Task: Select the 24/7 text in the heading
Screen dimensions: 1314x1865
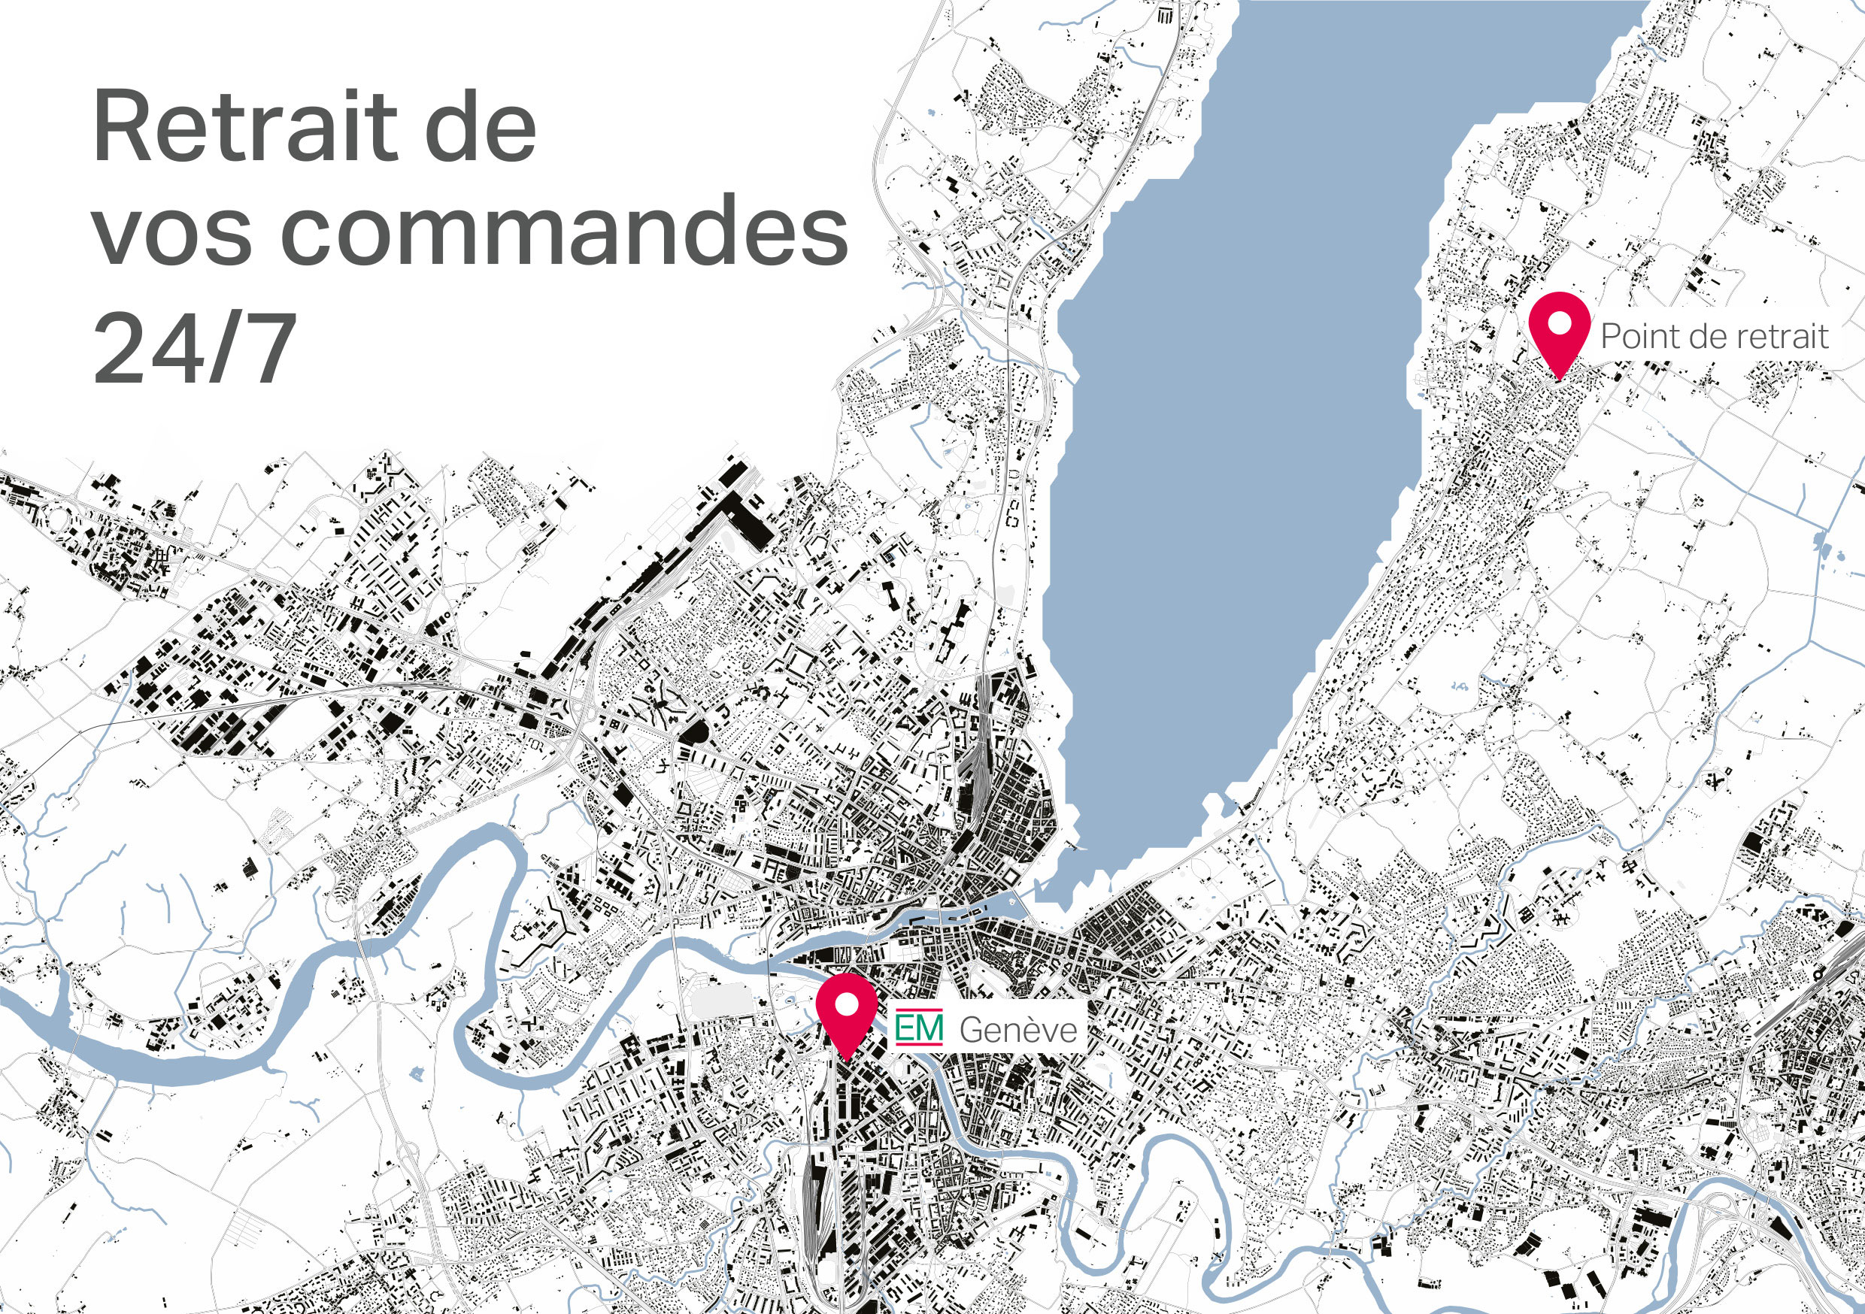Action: tap(193, 350)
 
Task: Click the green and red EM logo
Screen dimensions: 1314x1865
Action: tap(919, 1028)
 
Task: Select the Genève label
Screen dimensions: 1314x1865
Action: tap(1017, 1030)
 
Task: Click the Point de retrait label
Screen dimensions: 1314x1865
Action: tap(1714, 336)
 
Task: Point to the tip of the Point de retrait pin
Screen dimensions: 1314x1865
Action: tap(1559, 377)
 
